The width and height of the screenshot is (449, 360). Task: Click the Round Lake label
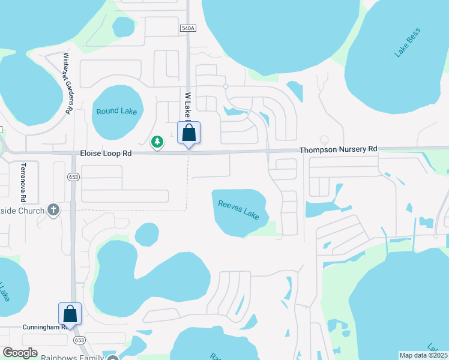coord(116,111)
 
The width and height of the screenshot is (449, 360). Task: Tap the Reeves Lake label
coord(239,209)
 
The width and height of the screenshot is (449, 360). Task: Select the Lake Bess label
coord(407,42)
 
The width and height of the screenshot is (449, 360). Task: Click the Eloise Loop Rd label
coord(106,154)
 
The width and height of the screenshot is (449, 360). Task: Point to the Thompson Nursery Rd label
coord(339,148)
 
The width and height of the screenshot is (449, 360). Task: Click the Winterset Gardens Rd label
coord(68,83)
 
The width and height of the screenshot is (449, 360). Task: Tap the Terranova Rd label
coord(23,182)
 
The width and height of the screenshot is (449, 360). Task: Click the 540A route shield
coord(188,28)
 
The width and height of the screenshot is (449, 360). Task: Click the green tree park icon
coord(157,142)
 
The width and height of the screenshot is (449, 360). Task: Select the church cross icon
coord(53,210)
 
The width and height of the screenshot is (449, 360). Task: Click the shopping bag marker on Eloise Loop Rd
coord(188,134)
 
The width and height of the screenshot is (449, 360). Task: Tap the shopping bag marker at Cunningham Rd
coord(70,314)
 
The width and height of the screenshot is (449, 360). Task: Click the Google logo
coord(20,353)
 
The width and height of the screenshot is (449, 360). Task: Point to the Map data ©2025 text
coord(423,355)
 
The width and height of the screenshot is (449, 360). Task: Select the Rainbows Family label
coord(72,358)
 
